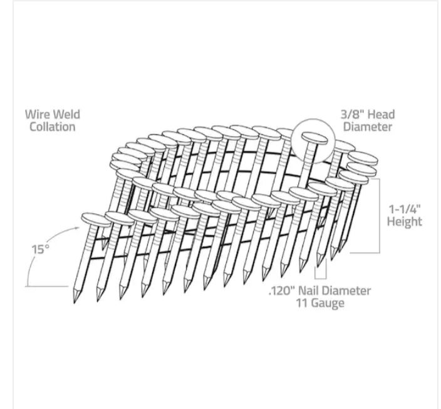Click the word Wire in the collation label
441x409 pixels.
tap(36, 115)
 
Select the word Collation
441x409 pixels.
tap(52, 127)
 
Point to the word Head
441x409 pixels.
tap(383, 115)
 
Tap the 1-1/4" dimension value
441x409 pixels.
tap(404, 209)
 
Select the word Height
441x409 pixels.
tap(405, 221)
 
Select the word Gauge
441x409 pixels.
tap(329, 304)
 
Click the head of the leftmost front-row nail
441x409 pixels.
tap(93, 219)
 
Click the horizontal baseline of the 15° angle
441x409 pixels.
tap(47, 286)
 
